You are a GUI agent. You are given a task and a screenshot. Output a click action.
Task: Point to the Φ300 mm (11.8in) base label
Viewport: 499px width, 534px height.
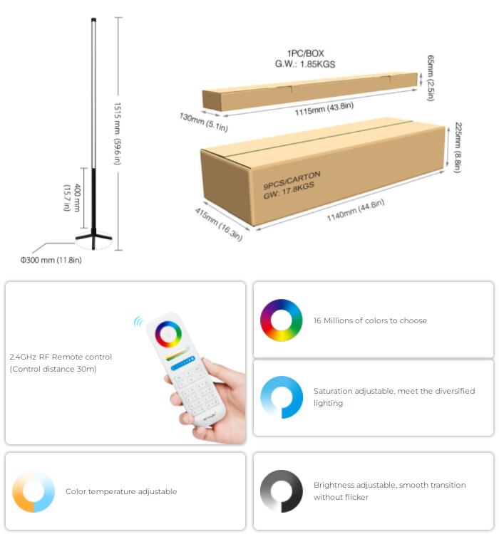[x=51, y=260]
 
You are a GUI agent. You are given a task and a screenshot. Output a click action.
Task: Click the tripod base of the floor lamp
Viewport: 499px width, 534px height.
[x=94, y=236]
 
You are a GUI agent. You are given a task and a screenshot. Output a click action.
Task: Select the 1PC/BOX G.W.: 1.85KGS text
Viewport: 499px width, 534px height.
[x=305, y=58]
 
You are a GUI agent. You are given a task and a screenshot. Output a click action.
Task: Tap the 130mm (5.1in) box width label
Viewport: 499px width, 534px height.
[x=203, y=122]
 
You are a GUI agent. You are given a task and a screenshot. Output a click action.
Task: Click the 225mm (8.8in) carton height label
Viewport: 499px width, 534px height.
[x=459, y=148]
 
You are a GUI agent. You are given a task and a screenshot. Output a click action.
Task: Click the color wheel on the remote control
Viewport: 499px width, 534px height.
[x=169, y=334]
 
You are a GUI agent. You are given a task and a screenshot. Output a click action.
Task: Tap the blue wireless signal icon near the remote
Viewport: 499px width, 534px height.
[x=138, y=322]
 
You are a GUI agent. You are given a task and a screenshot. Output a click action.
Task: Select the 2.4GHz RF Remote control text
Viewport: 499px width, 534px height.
[x=61, y=357]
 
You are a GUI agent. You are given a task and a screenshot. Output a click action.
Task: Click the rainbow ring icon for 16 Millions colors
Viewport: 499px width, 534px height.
[x=281, y=320]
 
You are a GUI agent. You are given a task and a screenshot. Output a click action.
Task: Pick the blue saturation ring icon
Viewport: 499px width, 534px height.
[x=281, y=397]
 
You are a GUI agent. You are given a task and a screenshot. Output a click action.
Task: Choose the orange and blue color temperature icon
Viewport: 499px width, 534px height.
[x=34, y=491]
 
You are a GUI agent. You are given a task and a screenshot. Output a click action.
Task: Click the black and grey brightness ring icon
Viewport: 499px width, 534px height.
[x=281, y=491]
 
